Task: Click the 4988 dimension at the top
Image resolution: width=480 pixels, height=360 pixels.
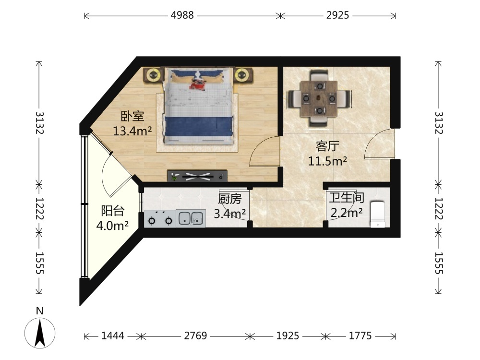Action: [x=182, y=15]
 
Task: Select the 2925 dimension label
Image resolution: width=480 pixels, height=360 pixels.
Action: [x=337, y=15]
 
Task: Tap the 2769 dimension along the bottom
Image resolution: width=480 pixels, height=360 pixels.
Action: [x=196, y=336]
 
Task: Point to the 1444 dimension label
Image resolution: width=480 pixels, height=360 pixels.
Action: [x=113, y=336]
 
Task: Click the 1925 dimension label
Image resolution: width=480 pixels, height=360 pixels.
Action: [x=288, y=336]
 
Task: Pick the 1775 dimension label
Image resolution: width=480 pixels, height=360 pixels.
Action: [x=360, y=336]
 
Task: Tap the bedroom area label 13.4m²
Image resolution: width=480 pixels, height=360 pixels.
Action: [x=132, y=131]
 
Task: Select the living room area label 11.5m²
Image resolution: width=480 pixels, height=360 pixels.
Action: [x=327, y=161]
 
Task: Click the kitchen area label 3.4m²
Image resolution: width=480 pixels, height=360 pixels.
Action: [x=229, y=213]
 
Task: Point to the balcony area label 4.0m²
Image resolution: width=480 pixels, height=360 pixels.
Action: [x=112, y=226]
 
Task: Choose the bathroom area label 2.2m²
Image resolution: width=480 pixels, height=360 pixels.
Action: [x=347, y=212]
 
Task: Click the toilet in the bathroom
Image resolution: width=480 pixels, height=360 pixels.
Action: [x=378, y=214]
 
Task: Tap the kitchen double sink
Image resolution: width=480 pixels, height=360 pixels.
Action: [x=191, y=218]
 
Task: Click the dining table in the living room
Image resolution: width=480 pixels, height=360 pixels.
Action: [x=319, y=98]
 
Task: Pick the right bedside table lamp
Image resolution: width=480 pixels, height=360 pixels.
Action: [x=242, y=75]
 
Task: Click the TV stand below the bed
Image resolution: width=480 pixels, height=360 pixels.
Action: [x=197, y=176]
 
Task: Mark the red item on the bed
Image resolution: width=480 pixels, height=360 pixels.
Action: [x=197, y=85]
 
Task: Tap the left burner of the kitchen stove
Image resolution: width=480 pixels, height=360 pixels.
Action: [x=152, y=220]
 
